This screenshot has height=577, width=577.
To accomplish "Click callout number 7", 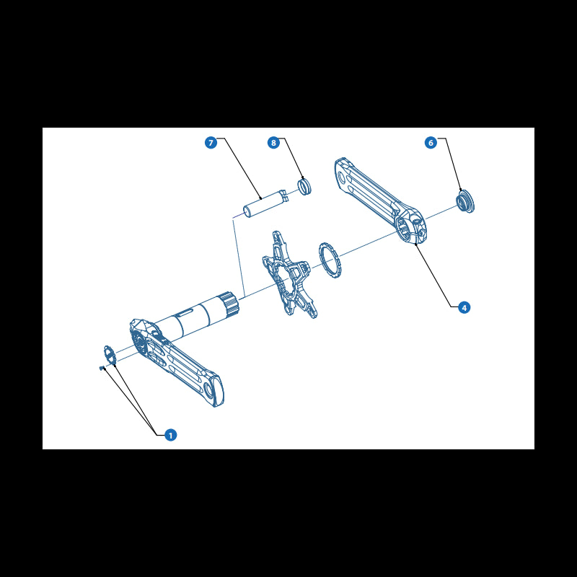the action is (211, 143).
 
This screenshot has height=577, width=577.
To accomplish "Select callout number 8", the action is (273, 143).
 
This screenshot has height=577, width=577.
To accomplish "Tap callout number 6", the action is (431, 143).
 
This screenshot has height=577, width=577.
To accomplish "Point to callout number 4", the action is (464, 307).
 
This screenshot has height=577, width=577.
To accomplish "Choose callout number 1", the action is (170, 436).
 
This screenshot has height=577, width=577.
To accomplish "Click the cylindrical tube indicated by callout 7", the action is (265, 203).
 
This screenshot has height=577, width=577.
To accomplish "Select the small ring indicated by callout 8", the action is (304, 186).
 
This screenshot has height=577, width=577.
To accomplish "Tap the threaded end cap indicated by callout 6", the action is (465, 202).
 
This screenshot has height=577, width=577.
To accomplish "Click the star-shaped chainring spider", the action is (290, 275).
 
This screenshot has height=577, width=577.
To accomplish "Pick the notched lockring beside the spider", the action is (330, 260).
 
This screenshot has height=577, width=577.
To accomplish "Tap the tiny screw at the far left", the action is (102, 368).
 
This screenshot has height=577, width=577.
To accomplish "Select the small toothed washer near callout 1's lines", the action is (110, 355).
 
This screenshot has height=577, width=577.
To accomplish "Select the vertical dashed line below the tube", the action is (239, 257).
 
